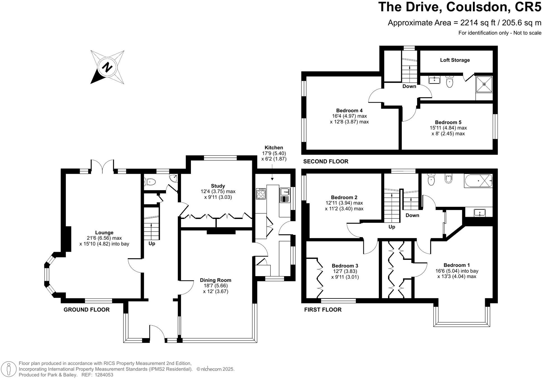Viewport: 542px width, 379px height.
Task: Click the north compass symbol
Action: click(x=107, y=67)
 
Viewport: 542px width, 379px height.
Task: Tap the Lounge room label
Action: click(x=104, y=232)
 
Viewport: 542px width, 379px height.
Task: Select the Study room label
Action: click(x=218, y=186)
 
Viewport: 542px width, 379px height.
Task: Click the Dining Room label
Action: click(x=216, y=280)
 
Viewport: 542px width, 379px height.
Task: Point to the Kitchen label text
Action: click(x=274, y=147)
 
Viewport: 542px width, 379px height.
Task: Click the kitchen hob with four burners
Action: click(x=261, y=193)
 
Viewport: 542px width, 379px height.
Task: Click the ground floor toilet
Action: click(x=149, y=182)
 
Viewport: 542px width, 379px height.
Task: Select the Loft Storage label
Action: click(x=455, y=60)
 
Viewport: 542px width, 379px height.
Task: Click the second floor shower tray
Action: click(x=484, y=84)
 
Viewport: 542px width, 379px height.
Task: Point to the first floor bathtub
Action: click(x=478, y=181)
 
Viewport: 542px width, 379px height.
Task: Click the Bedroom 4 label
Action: click(x=349, y=110)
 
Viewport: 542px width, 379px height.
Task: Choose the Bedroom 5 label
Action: click(x=448, y=122)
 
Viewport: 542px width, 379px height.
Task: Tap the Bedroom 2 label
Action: click(x=344, y=197)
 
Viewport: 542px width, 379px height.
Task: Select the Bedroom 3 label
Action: click(x=345, y=266)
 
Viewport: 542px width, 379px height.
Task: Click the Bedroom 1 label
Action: click(x=457, y=265)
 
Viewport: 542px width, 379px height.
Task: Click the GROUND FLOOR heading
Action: click(x=87, y=309)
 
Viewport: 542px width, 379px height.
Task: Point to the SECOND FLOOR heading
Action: click(x=326, y=161)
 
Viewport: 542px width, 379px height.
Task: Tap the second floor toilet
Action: click(x=450, y=81)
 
